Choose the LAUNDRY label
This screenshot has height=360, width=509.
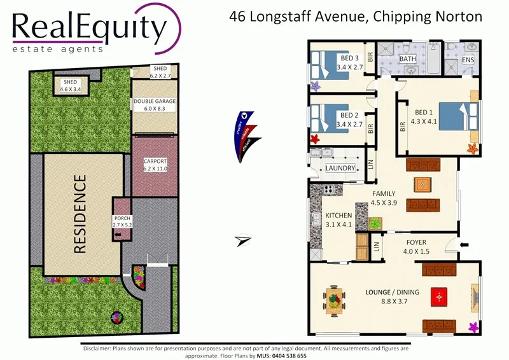pos(340,168)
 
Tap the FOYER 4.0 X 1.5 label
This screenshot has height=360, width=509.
pos(415,247)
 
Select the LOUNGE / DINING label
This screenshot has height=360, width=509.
pos(392,296)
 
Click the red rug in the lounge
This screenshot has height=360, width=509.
pos(440,296)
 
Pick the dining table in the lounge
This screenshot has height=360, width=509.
pos(333,296)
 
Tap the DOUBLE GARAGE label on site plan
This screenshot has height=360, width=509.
pos(154,105)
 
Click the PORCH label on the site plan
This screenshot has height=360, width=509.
pos(122,221)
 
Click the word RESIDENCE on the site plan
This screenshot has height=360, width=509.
pos(80,214)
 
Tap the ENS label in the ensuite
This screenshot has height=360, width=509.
pos(468,60)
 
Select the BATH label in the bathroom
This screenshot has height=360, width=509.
pos(407,59)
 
